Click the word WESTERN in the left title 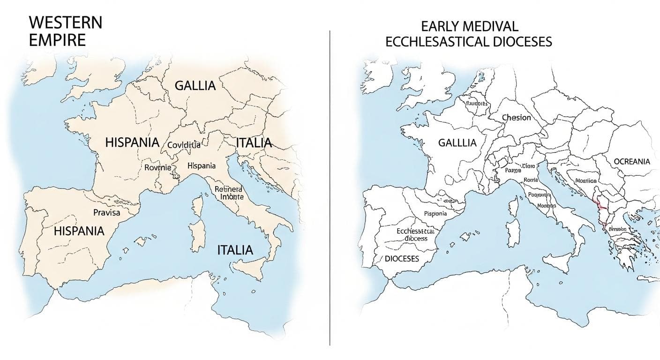coord(65,22)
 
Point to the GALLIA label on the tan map coord(195,86)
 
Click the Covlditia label coord(184,145)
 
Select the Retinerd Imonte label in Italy coord(229,193)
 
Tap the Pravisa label coord(106,212)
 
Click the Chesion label coord(516,117)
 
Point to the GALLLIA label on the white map coord(457,143)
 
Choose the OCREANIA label coord(632,161)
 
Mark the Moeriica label coord(585,180)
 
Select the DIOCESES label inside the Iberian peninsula coord(402,259)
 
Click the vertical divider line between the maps coord(330,187)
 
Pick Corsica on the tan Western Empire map coord(197,205)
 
